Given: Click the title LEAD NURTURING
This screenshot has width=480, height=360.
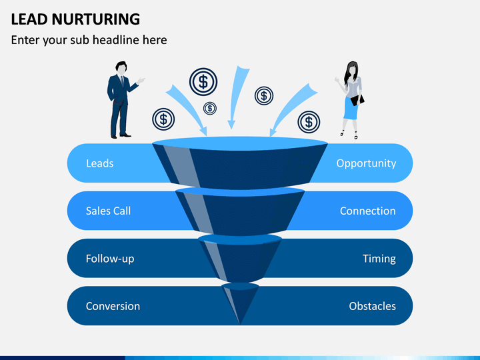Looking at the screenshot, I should (75, 19).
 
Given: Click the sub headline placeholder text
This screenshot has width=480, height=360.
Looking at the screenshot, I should (89, 40).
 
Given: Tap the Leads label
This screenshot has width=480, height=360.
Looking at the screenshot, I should (99, 163).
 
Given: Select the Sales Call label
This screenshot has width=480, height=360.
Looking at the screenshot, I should (108, 211).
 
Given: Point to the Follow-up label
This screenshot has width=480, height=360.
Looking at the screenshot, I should (109, 259).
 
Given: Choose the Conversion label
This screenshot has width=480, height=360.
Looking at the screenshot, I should (113, 307).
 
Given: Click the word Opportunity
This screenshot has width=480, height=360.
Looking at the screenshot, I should (366, 163).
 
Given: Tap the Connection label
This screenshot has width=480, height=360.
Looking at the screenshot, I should (367, 211).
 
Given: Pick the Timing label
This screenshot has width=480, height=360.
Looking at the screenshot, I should (379, 259).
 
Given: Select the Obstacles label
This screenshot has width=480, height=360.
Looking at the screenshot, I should (372, 307).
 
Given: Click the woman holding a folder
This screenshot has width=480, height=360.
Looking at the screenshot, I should (351, 99).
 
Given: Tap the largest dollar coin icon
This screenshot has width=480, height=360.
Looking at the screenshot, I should (203, 81).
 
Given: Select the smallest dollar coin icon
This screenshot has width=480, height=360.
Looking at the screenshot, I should (210, 108).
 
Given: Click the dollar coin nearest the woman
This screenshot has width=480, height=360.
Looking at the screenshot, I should (308, 121).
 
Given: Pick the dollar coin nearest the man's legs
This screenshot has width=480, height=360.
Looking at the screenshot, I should (163, 119).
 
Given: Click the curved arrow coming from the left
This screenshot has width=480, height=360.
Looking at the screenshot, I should (189, 109).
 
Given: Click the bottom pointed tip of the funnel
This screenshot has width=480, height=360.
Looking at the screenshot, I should (240, 322).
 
